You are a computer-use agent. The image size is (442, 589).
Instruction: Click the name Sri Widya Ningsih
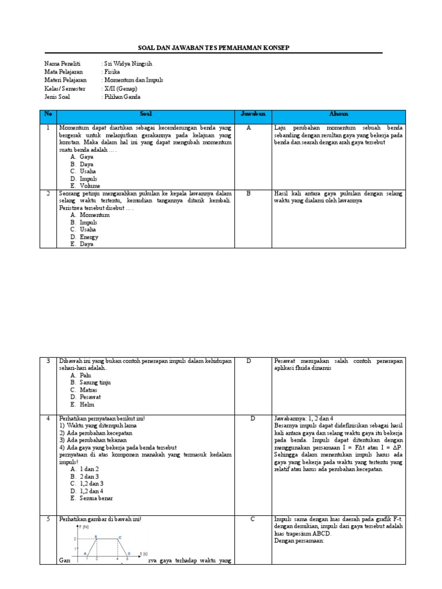click(x=129, y=64)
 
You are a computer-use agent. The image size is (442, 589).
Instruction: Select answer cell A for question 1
click(x=249, y=128)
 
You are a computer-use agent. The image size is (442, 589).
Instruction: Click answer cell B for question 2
click(x=249, y=194)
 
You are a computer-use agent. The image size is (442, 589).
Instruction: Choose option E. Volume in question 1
click(x=86, y=186)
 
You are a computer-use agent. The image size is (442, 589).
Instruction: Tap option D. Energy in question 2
click(x=85, y=237)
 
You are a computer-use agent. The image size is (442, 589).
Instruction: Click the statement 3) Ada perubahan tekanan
click(x=93, y=440)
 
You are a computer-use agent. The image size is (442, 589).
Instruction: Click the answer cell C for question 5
click(x=252, y=519)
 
